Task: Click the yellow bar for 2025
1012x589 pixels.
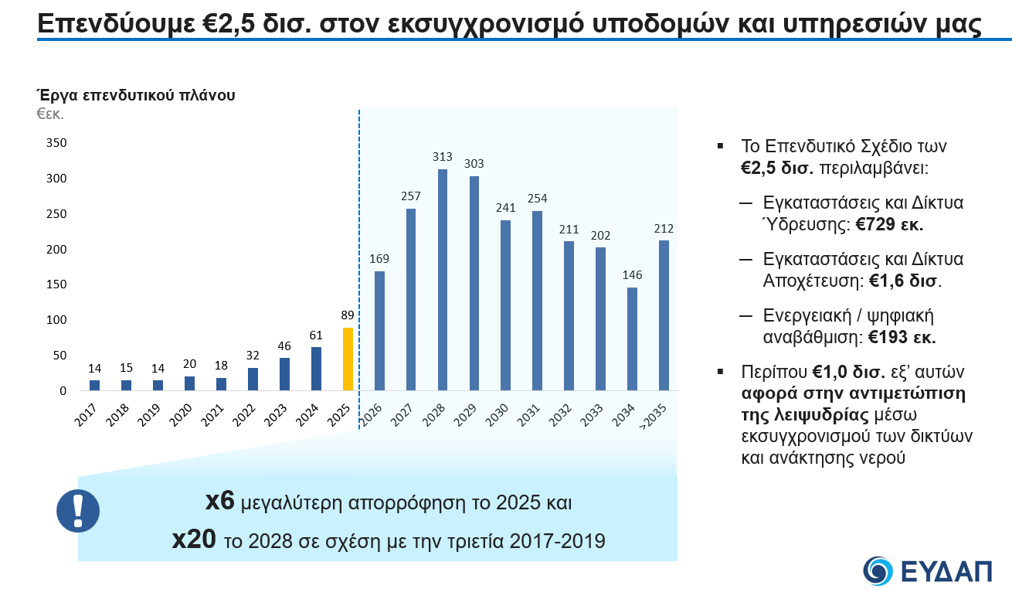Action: (348, 359)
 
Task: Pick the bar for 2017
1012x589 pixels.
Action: (95, 385)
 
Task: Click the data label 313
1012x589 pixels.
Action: (443, 157)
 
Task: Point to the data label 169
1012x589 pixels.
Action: (379, 259)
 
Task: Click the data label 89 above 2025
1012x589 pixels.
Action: (348, 315)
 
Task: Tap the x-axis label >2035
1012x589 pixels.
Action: (655, 418)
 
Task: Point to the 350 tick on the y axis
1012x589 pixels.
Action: (58, 143)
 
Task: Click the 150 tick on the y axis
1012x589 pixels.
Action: (58, 284)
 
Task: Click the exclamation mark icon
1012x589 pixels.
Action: (77, 510)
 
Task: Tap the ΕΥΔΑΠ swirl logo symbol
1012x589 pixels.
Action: (878, 570)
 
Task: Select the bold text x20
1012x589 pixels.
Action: (193, 540)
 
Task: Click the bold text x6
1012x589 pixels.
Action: (219, 502)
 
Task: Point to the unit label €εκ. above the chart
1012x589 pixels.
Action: (50, 114)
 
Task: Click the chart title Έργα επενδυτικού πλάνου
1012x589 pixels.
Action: (136, 96)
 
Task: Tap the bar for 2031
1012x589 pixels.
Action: (537, 301)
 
